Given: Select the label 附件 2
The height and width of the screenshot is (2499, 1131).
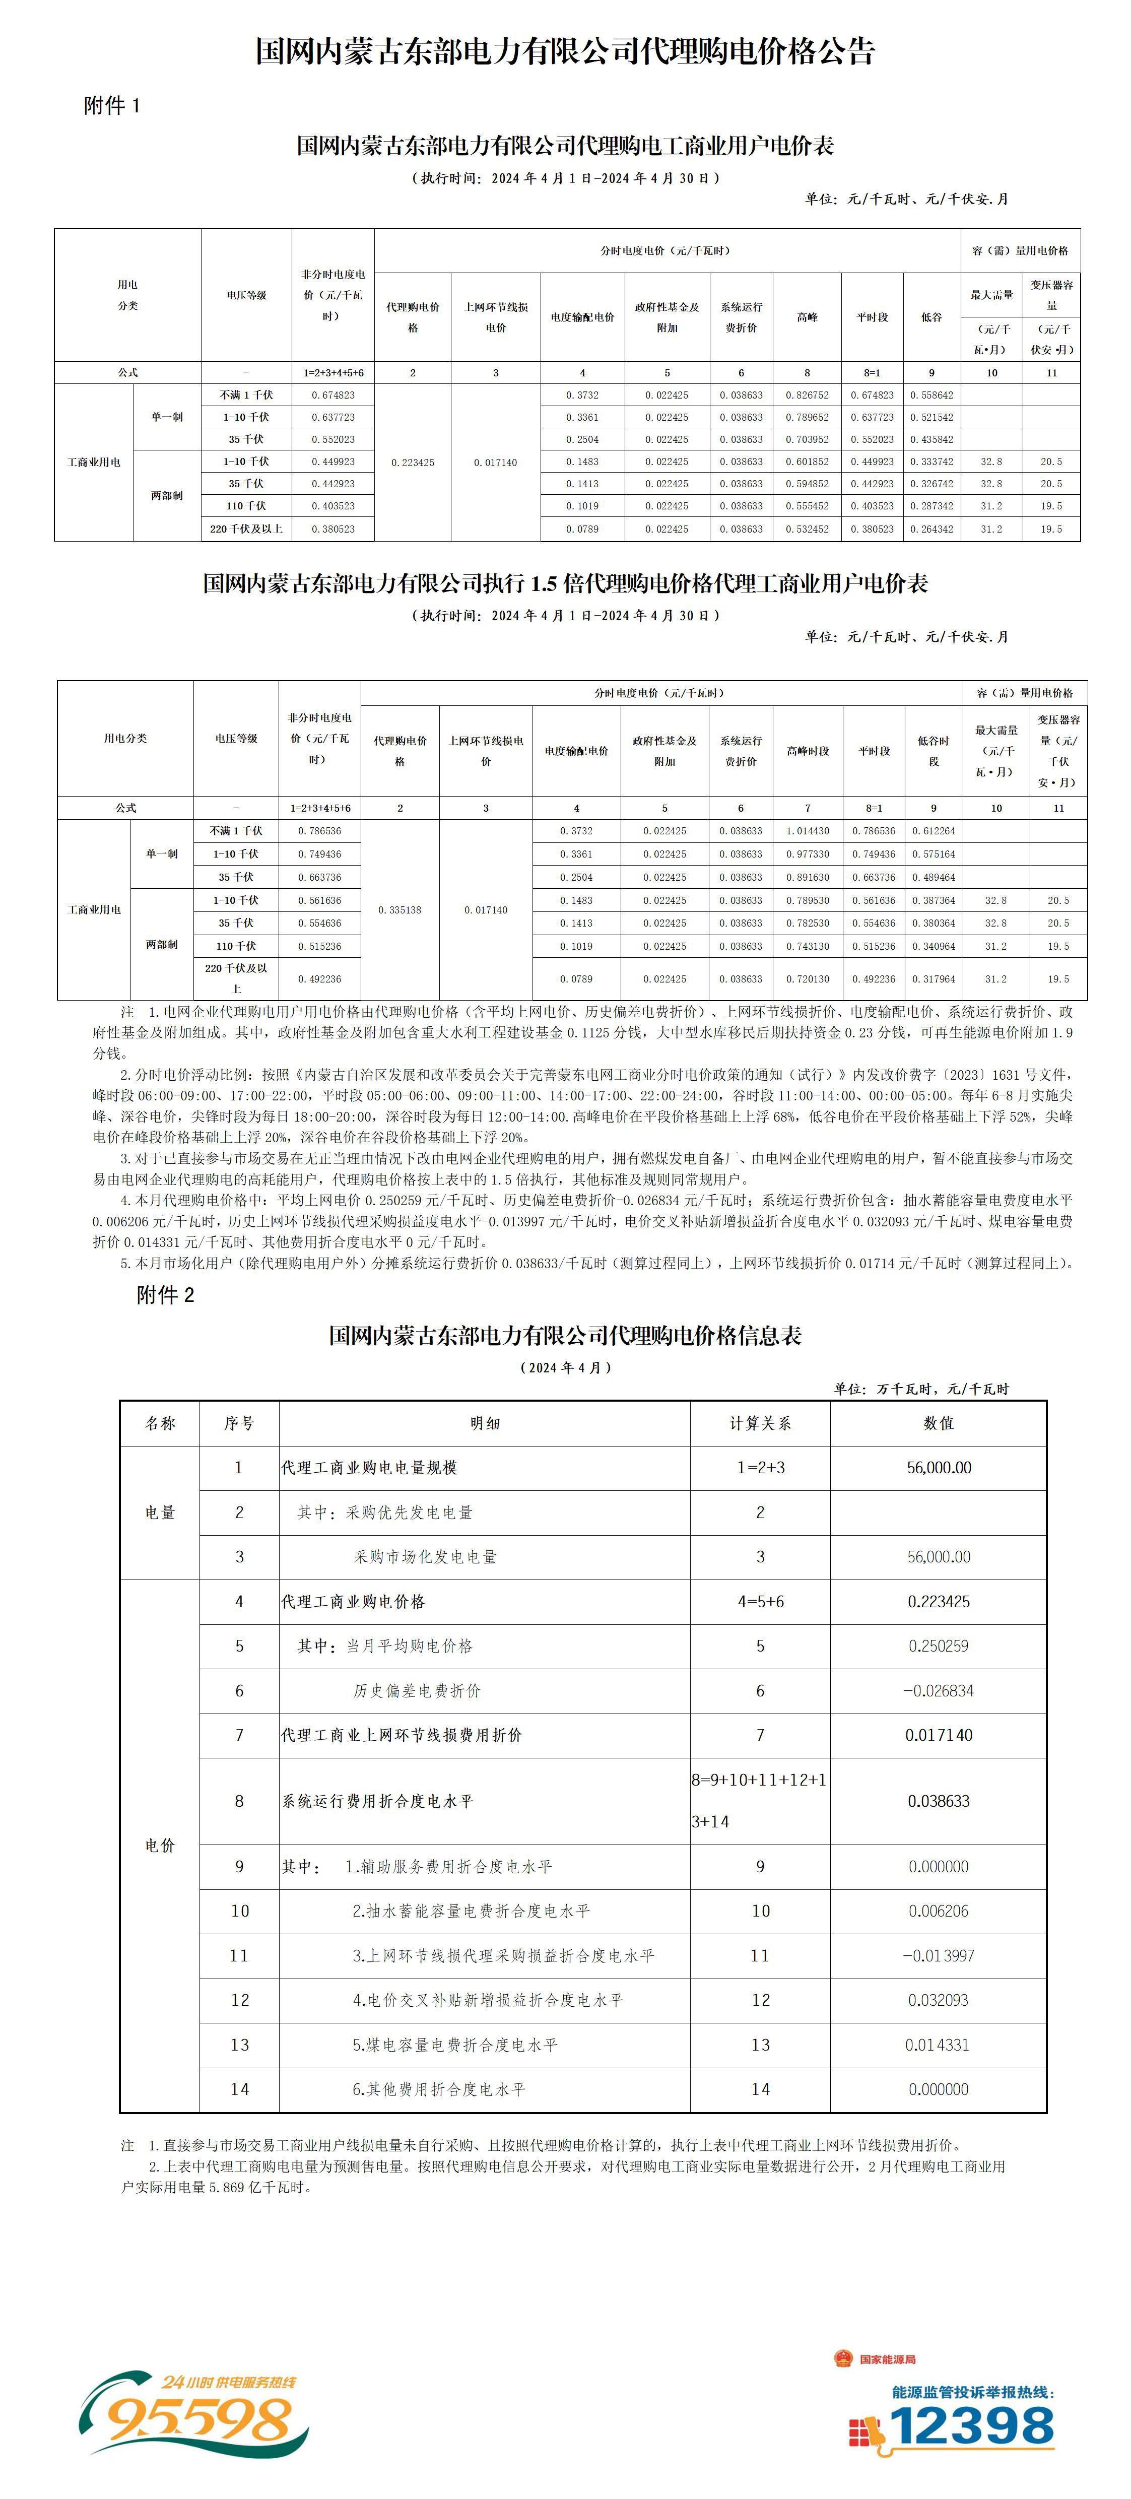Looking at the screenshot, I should (x=165, y=1295).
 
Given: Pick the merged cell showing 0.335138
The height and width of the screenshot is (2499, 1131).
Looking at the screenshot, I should (x=400, y=910).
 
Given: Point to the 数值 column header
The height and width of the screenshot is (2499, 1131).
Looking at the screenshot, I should (x=938, y=1423).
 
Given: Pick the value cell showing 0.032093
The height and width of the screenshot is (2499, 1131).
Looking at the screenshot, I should (x=938, y=1999).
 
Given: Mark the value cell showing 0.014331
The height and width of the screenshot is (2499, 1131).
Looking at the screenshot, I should (x=938, y=2044).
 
